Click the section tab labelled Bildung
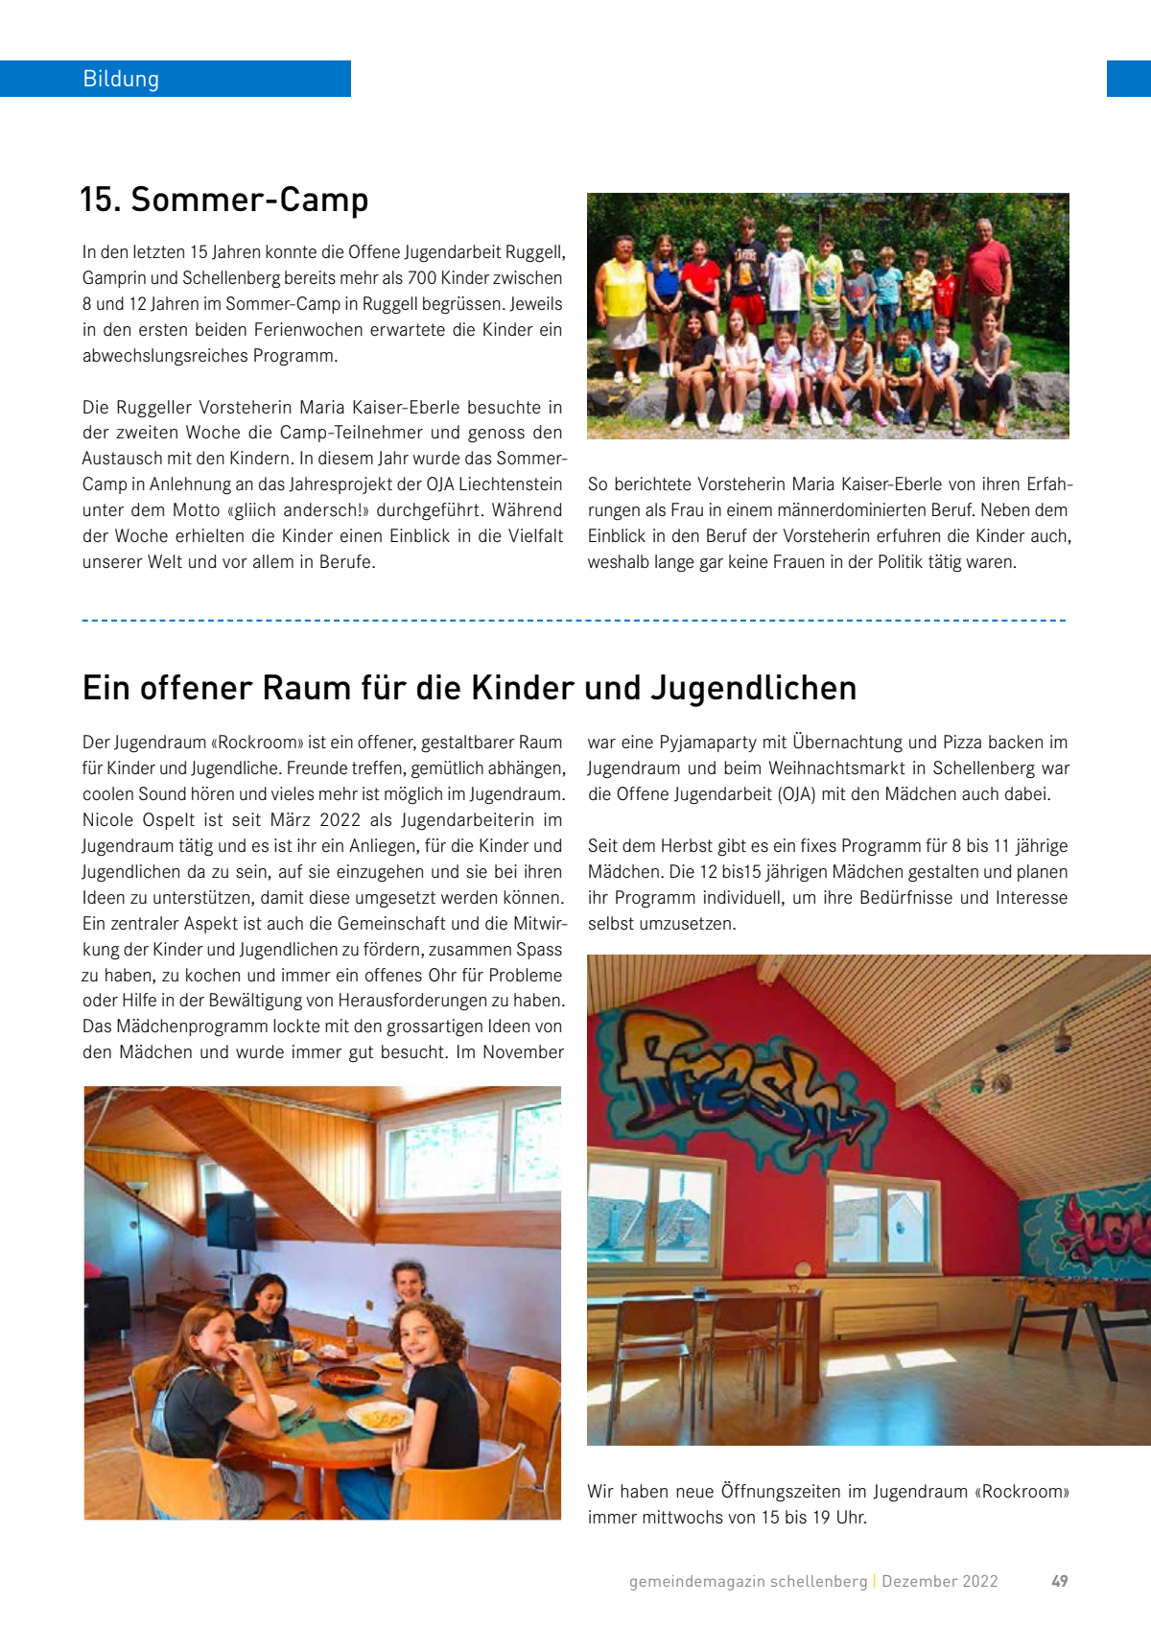[x=121, y=79]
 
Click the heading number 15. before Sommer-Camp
[x=100, y=200]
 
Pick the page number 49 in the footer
[x=1059, y=1581]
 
